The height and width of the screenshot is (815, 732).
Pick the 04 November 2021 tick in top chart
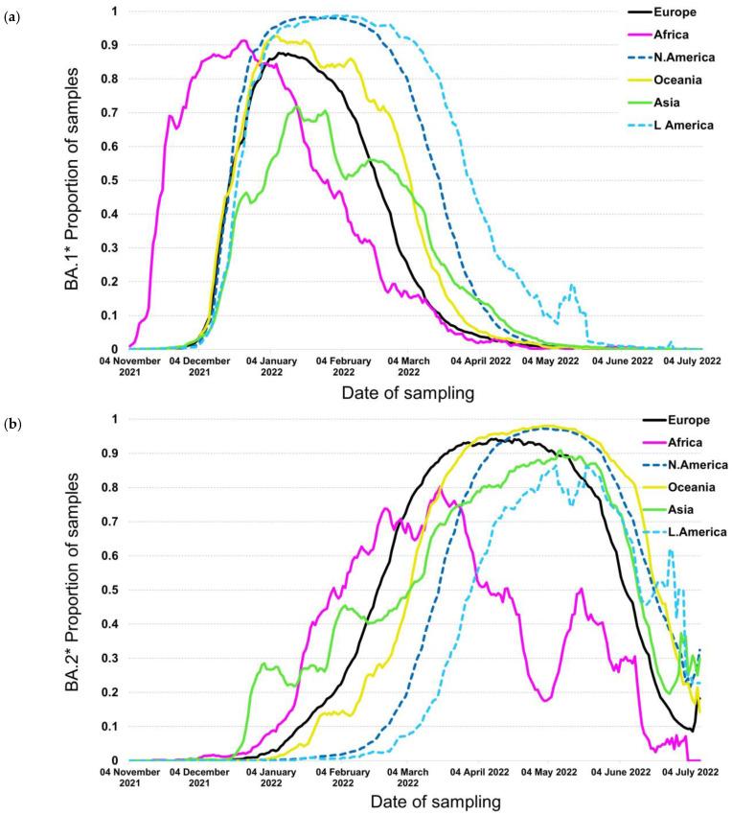[x=131, y=367]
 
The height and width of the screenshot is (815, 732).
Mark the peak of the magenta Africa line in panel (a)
[x=243, y=40]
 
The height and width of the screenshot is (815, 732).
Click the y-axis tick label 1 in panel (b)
[x=115, y=419]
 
